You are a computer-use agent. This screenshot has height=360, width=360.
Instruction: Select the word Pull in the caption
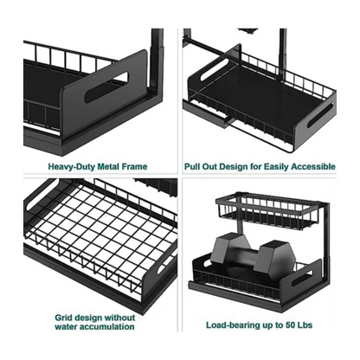pyautogui.click(x=191, y=167)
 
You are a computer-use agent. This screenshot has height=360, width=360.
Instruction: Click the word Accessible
pyautogui.click(x=313, y=167)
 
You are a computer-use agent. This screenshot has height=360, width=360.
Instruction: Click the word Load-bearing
pyautogui.click(x=230, y=325)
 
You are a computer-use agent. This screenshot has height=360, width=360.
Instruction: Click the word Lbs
pyautogui.click(x=305, y=325)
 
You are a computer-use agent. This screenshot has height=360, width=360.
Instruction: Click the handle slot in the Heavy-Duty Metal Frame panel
pyautogui.click(x=106, y=87)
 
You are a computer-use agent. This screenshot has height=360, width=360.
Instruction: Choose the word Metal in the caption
pyautogui.click(x=107, y=167)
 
